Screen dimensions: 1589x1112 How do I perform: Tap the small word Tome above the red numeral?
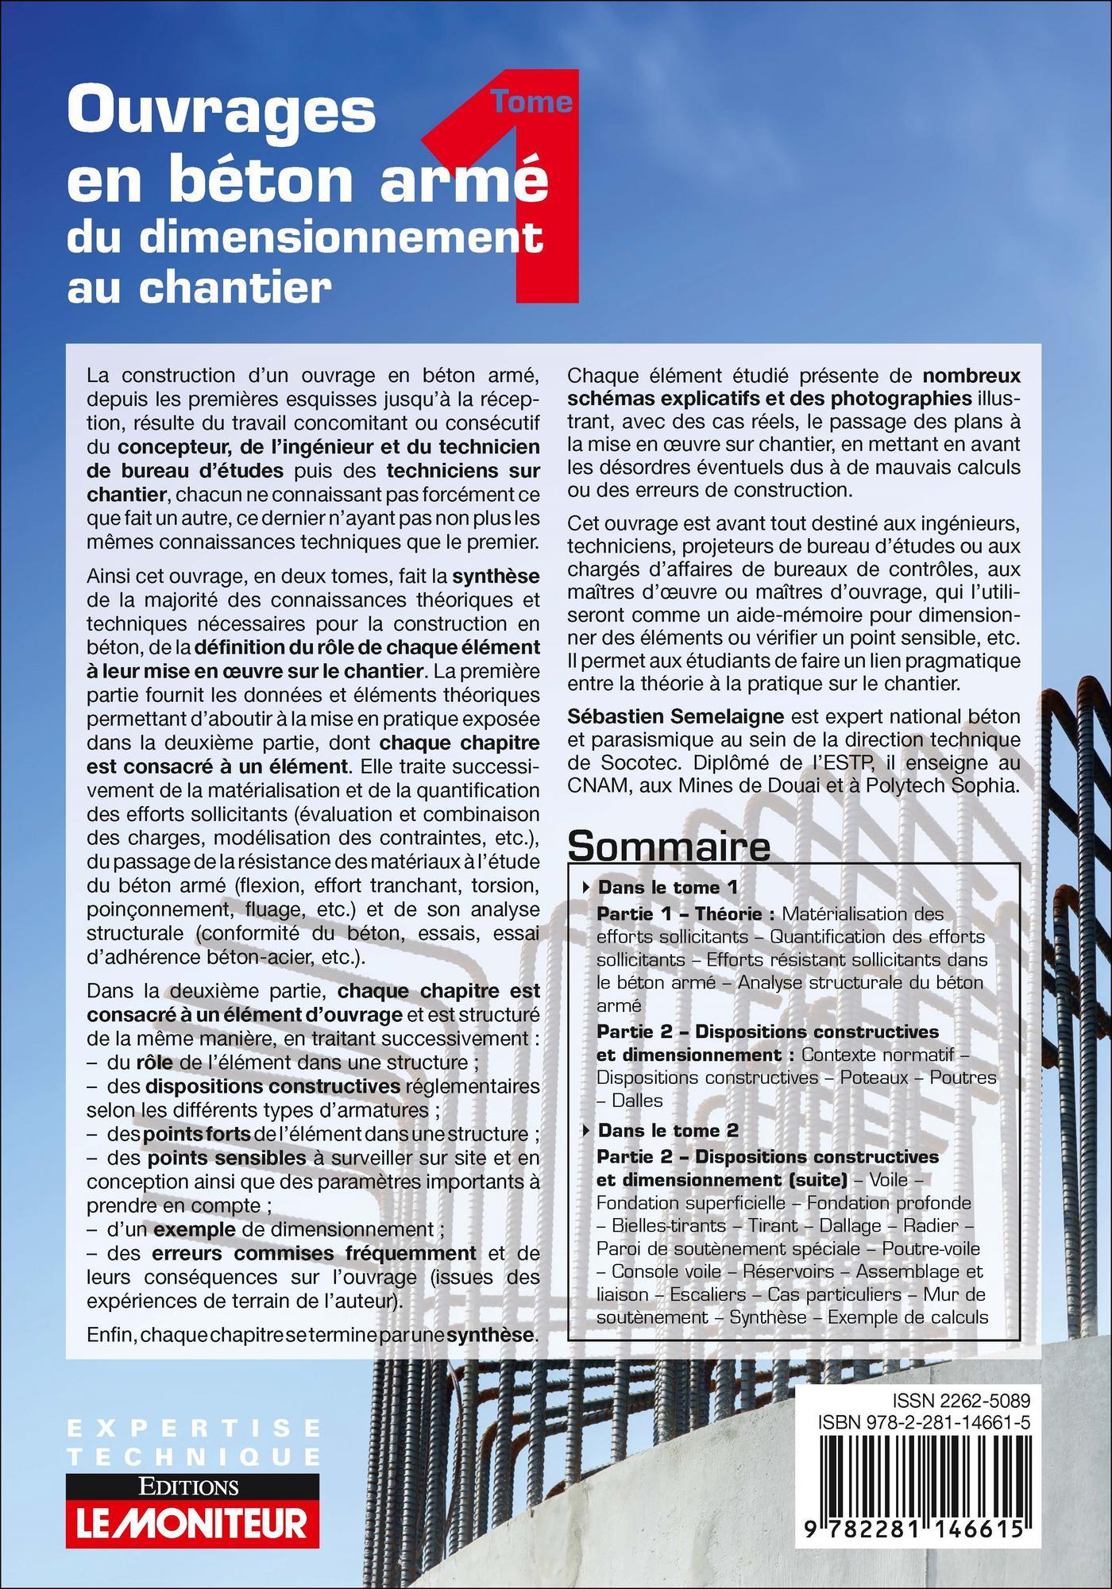coord(532,102)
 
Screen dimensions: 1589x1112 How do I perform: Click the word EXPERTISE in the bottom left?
coord(194,1429)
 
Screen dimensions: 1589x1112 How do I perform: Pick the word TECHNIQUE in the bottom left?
coord(194,1456)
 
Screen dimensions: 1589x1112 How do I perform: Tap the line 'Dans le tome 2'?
coord(667,1130)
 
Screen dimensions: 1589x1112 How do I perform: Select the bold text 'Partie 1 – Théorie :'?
coord(685,914)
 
